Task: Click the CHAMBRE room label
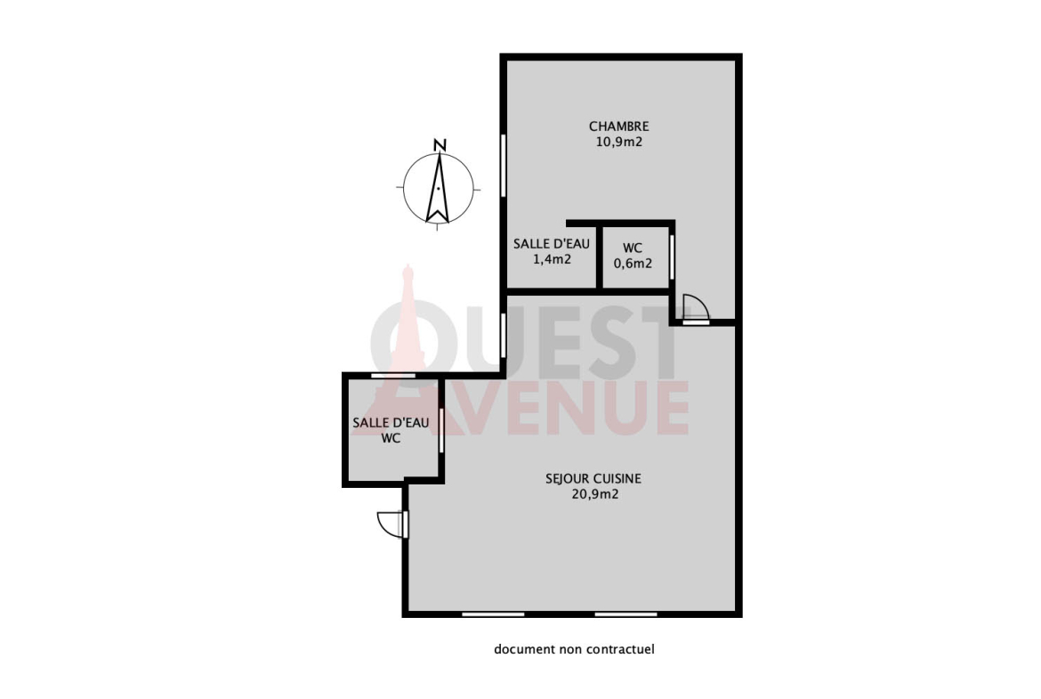(618, 126)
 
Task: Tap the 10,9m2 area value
(618, 142)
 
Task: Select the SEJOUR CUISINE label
(593, 478)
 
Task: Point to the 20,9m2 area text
(595, 494)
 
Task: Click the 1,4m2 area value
(552, 260)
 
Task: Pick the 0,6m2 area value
(633, 264)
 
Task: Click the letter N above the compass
(440, 145)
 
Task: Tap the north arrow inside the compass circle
(438, 188)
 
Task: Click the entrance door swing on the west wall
(391, 524)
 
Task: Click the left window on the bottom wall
(493, 614)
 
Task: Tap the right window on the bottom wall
(625, 614)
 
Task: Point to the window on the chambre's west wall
(504, 165)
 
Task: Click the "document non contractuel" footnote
(574, 649)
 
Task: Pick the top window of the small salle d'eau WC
(393, 376)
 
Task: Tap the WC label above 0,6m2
(633, 248)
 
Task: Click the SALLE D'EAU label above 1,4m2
(552, 244)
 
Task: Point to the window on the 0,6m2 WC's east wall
(672, 257)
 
